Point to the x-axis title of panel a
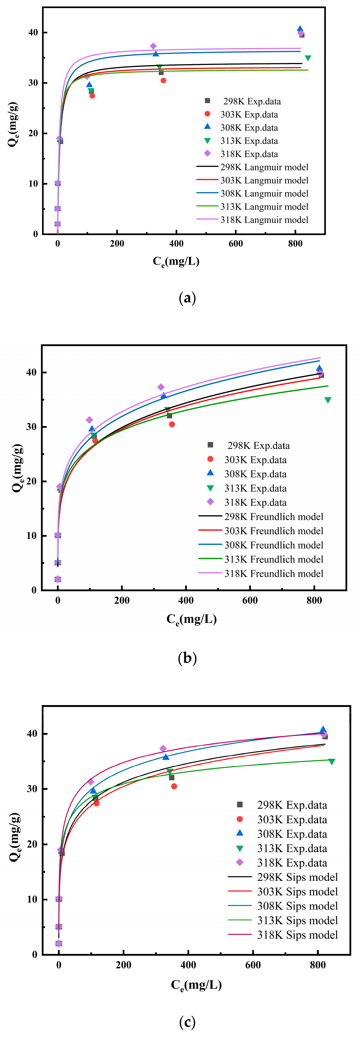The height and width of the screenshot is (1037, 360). pyautogui.click(x=176, y=262)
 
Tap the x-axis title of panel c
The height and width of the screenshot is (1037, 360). pyautogui.click(x=196, y=985)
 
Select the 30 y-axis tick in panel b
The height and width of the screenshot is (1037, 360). pyautogui.click(x=31, y=427)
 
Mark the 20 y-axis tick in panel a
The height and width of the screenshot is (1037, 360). pyautogui.click(x=33, y=133)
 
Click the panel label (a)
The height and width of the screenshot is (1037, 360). pyautogui.click(x=187, y=298)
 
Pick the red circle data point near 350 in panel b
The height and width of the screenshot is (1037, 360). pyautogui.click(x=172, y=424)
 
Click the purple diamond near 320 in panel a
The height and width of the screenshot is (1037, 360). pyautogui.click(x=153, y=46)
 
